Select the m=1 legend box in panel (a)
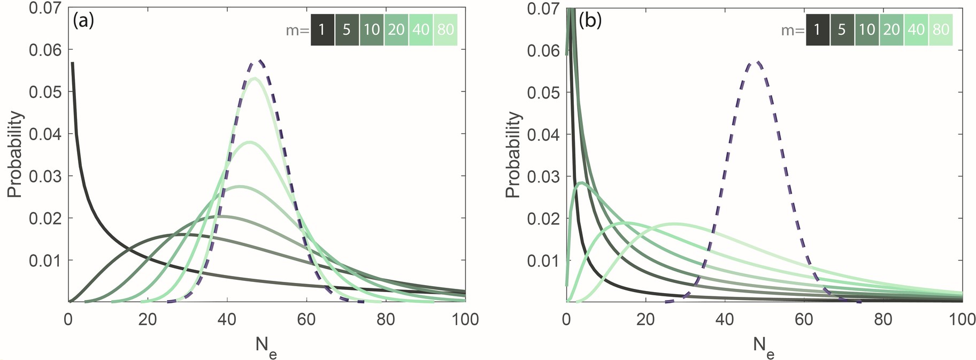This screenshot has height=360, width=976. tap(322, 29)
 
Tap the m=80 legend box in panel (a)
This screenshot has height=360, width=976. tap(445, 29)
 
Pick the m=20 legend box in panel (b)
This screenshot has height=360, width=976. tap(892, 29)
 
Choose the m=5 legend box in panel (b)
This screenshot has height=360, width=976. tap(842, 29)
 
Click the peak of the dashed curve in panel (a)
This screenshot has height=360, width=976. tap(259, 60)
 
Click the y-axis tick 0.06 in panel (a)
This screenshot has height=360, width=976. tap(47, 50)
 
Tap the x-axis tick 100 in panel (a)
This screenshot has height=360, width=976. tap(465, 320)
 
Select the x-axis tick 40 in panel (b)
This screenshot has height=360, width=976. tap(725, 320)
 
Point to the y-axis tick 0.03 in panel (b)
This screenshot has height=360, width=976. tap(544, 177)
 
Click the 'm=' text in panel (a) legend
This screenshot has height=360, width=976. tap(297, 30)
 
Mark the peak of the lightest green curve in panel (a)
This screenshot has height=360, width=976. tap(255, 78)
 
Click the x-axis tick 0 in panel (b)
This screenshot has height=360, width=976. tap(566, 320)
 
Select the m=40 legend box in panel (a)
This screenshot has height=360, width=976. tap(421, 29)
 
